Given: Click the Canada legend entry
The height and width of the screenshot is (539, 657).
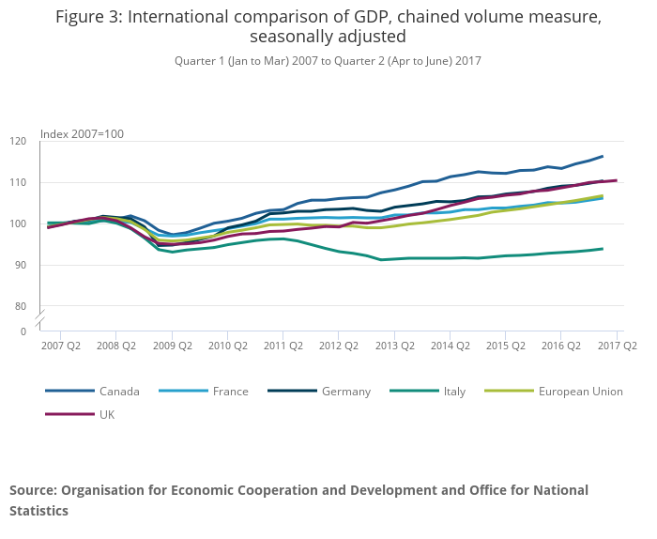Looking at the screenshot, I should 119,391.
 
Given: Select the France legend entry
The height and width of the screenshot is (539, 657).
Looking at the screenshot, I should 230,391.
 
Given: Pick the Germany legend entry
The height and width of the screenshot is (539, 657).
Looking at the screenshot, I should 345,391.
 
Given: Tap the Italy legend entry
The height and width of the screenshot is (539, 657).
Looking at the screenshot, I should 454,391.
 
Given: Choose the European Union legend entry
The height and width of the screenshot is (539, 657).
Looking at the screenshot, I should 580,391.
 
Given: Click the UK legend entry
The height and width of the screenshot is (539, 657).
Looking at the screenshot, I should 106,414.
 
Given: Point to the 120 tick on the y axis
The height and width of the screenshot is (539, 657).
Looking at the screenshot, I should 18,141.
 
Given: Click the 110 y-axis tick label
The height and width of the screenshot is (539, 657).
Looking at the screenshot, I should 18,182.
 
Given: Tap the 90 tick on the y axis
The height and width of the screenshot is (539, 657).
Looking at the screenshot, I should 21,265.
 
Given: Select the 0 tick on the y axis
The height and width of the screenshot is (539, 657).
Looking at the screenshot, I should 23,331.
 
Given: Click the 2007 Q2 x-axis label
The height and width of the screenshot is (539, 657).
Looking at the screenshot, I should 61,346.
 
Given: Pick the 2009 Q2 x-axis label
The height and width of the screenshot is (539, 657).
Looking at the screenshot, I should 172,346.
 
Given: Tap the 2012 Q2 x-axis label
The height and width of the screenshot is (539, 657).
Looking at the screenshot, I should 339,346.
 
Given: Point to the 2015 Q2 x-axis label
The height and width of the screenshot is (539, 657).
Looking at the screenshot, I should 506,346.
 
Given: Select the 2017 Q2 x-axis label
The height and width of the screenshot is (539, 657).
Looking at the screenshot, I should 617,346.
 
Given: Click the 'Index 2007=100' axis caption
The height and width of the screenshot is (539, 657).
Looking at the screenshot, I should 82,134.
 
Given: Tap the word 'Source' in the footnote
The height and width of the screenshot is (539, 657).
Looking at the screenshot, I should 32,490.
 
